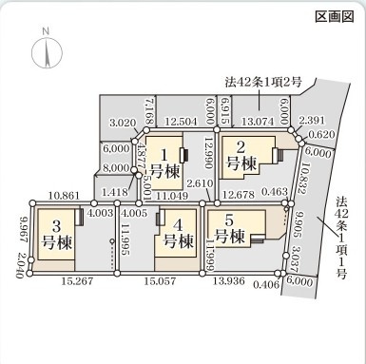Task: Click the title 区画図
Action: pyautogui.click(x=336, y=17)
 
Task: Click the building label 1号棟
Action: pyautogui.click(x=163, y=163)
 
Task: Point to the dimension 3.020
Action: pyautogui.click(x=124, y=123)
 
